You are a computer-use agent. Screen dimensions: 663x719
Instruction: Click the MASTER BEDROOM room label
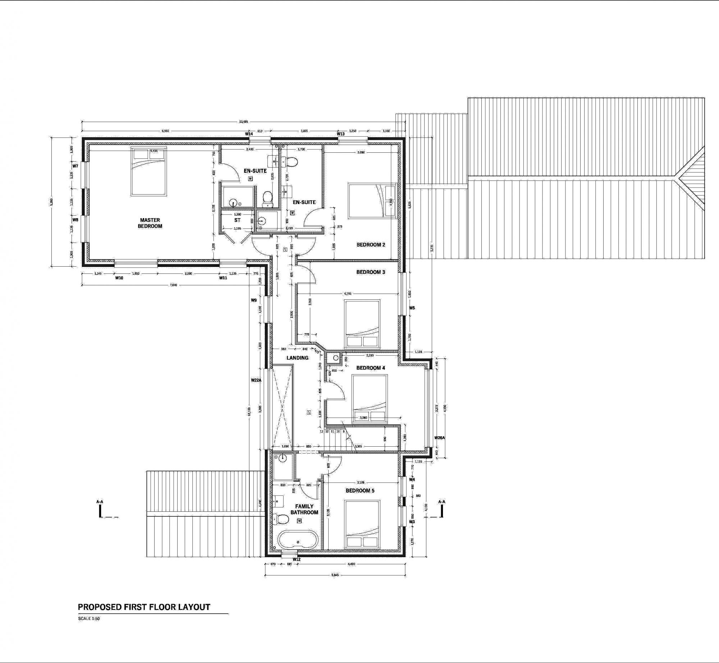tap(150, 223)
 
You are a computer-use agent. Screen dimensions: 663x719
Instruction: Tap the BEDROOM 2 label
tap(371, 245)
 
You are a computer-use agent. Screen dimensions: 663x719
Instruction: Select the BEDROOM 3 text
tap(371, 272)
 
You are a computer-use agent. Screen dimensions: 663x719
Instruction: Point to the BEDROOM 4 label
tap(371, 368)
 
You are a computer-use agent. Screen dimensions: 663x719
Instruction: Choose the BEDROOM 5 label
tap(360, 491)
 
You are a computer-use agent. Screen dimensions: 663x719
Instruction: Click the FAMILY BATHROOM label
tap(304, 509)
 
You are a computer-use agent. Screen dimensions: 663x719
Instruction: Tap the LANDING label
tap(297, 358)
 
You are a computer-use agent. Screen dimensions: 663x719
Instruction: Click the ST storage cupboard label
tap(237, 220)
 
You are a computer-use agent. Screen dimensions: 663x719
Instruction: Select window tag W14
tap(249, 134)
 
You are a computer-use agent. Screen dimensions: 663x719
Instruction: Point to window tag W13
tap(341, 134)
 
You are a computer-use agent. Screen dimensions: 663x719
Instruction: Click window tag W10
tap(119, 278)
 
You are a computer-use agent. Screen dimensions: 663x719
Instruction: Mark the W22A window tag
tap(256, 380)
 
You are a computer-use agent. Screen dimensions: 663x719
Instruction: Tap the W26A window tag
tap(439, 438)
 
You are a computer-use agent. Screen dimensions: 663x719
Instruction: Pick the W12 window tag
tap(296, 560)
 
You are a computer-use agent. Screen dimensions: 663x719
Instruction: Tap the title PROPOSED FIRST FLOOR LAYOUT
tap(144, 607)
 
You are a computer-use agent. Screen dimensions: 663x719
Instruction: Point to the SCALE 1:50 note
tap(89, 619)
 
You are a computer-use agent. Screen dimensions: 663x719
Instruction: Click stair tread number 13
tap(322, 431)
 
